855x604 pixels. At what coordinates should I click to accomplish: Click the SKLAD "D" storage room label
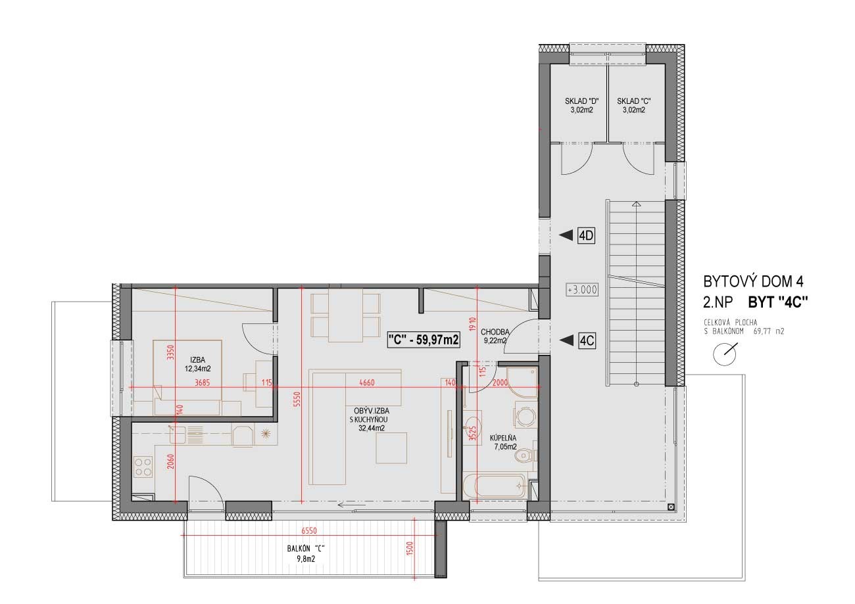[581, 106]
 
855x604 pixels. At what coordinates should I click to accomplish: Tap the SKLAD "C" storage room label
[634, 106]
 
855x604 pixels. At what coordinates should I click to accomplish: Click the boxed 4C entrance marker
[587, 340]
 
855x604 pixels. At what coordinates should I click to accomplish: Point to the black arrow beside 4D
[566, 236]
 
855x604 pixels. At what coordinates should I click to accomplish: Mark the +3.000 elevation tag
[582, 290]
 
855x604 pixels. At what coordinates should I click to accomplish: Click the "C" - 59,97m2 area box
[424, 339]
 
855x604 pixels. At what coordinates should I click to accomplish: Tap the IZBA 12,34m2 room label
[198, 364]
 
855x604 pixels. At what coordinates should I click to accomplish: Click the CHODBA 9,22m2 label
[495, 337]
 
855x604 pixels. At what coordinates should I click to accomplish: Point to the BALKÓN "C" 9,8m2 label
[306, 554]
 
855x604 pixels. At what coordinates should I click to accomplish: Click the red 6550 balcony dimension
[309, 530]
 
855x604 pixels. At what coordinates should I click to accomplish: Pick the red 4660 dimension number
[367, 383]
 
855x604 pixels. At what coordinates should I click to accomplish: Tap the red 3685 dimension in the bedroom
[203, 383]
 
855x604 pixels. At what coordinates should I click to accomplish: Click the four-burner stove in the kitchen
[143, 467]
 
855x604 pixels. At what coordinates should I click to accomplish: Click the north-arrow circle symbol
[725, 354]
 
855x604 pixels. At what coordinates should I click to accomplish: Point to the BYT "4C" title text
[778, 302]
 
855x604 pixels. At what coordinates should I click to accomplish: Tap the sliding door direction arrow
[352, 505]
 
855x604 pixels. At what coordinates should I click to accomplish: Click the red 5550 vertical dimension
[298, 399]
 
